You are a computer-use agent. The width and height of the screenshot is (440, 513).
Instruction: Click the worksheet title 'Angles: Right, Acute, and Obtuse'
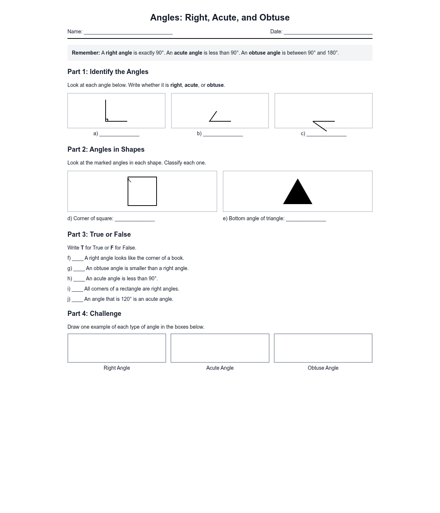coord(220,18)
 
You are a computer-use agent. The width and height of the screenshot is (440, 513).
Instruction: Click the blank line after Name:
coord(128,32)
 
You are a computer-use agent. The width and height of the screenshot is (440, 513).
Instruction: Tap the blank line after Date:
coord(328,32)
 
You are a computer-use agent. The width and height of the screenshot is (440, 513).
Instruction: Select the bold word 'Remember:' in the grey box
coord(86,53)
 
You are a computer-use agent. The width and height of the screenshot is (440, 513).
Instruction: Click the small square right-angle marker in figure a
coord(107,120)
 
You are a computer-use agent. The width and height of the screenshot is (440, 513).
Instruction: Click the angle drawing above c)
coord(323,125)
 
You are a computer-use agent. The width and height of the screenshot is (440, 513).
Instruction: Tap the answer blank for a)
coord(119,134)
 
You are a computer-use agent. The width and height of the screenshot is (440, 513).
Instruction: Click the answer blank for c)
coord(326,134)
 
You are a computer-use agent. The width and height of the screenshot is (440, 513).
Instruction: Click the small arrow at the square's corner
coord(129,180)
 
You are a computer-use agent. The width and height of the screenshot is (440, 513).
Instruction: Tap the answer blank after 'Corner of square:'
coord(135,219)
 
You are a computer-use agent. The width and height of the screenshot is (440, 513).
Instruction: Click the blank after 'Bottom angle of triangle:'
coord(306,219)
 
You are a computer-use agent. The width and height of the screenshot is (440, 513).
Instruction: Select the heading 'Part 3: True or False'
coord(99,235)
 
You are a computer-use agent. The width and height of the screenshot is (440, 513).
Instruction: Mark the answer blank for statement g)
coord(79,269)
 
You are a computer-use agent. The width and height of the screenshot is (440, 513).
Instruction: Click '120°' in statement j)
coord(126,299)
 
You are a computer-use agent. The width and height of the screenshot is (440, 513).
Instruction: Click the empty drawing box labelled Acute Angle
coord(220,348)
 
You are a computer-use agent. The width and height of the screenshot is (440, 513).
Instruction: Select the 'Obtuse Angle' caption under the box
coord(323,368)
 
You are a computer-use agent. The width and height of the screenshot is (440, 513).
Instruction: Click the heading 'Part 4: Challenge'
coord(94,314)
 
